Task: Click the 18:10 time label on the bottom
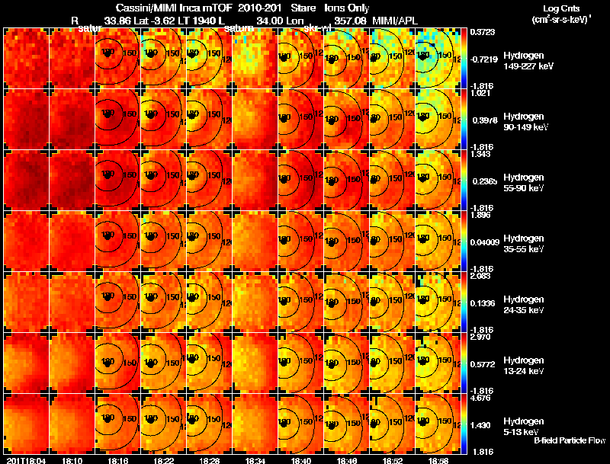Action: pos(72,460)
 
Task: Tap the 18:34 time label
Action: pos(255,460)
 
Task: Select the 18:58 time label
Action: pos(438,460)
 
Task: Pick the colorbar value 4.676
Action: pos(482,397)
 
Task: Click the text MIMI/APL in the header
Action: pos(393,21)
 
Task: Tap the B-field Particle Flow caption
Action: pos(570,440)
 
